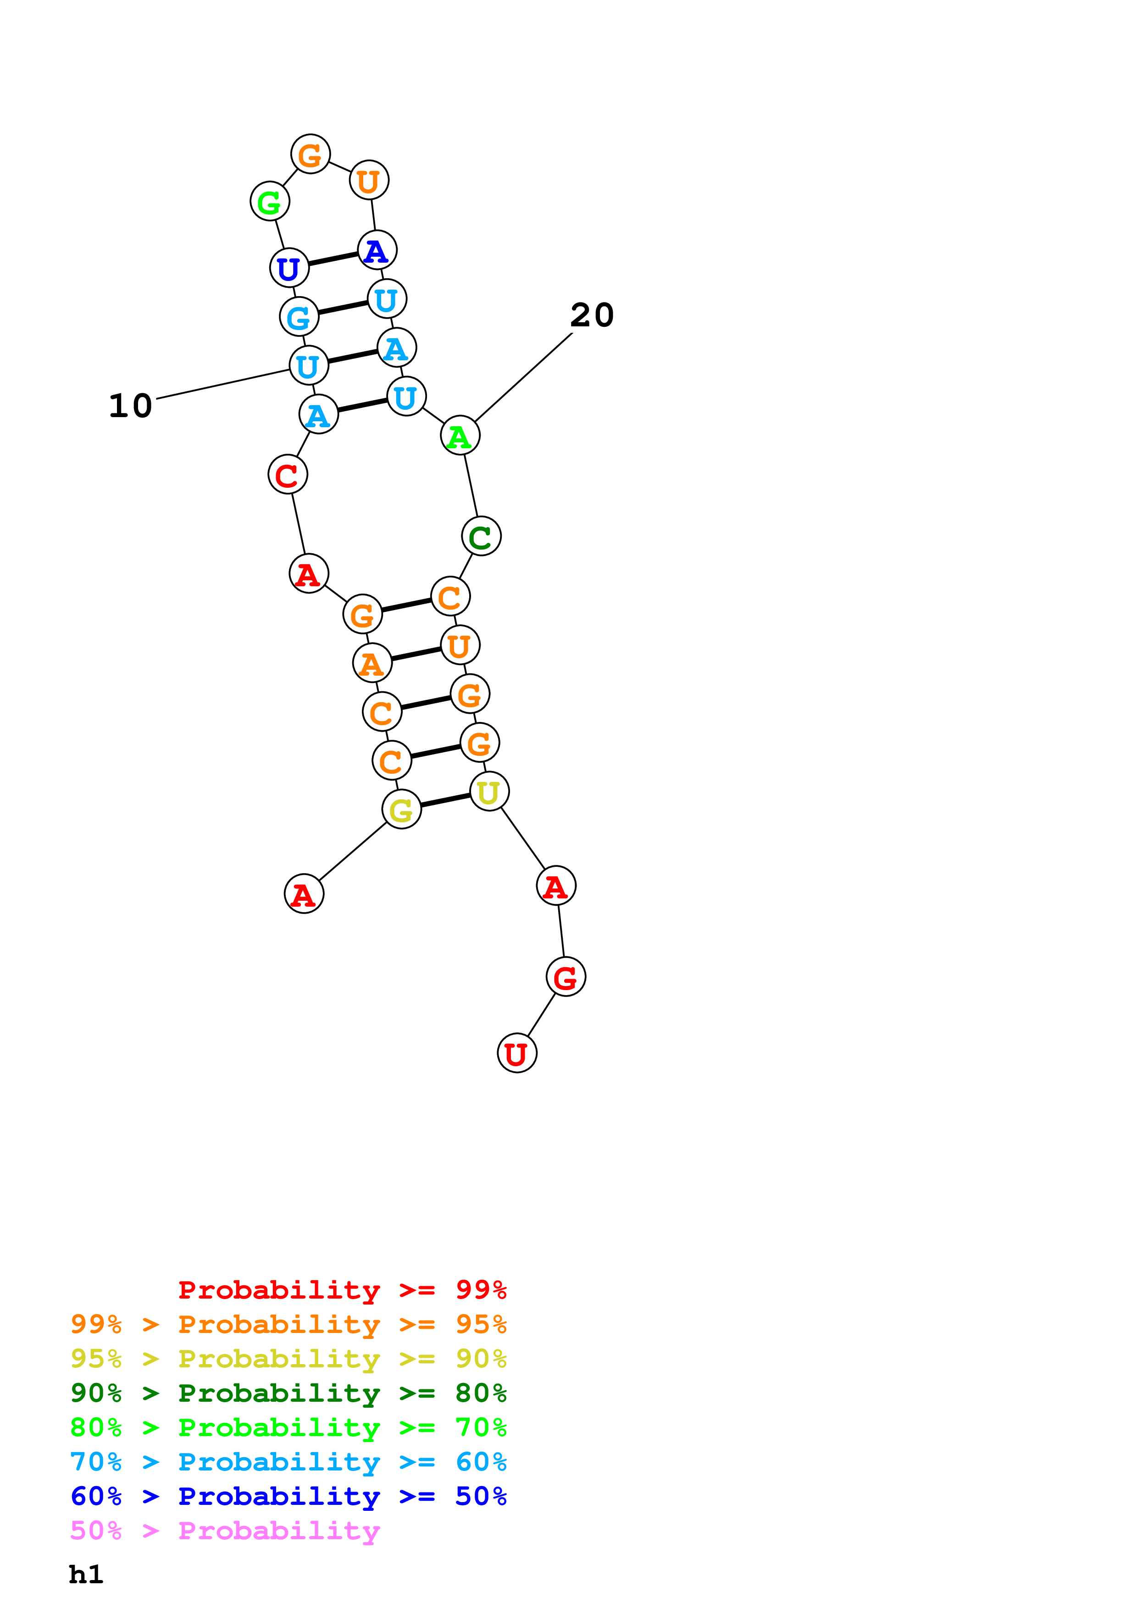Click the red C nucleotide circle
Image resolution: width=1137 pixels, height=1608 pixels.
[287, 475]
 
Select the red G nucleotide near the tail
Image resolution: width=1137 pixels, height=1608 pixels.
[566, 977]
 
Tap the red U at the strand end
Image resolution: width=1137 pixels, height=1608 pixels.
[517, 1053]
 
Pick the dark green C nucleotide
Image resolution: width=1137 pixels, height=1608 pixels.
[481, 536]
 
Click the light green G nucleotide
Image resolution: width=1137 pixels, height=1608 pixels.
[270, 202]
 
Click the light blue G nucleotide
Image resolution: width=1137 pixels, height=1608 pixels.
[299, 317]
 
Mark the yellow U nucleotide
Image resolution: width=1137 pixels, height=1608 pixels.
[489, 792]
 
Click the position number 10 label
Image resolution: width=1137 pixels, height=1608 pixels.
[130, 406]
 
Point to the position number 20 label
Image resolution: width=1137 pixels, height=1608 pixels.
[592, 315]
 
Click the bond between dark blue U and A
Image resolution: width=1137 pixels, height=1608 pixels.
[333, 259]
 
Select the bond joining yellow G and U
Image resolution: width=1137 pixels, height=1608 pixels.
[445, 800]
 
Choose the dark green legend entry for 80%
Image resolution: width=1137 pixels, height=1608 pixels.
[288, 1393]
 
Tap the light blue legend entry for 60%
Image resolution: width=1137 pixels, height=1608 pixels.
[288, 1462]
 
